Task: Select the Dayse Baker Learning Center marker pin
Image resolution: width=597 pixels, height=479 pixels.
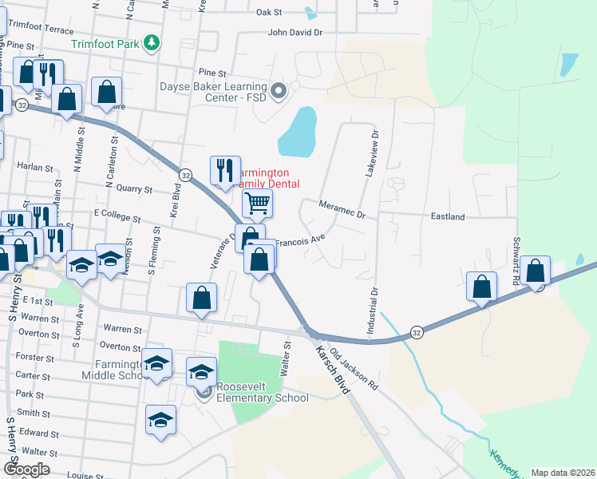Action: [x=279, y=92]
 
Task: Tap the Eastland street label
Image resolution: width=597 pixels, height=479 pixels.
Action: [x=448, y=216]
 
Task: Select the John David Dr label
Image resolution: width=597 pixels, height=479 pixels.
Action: [x=295, y=33]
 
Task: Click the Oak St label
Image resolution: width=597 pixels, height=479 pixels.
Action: [x=270, y=13]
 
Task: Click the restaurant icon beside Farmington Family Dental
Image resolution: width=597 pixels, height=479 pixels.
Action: [x=224, y=170]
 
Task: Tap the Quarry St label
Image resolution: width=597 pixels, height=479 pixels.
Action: [x=133, y=190]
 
